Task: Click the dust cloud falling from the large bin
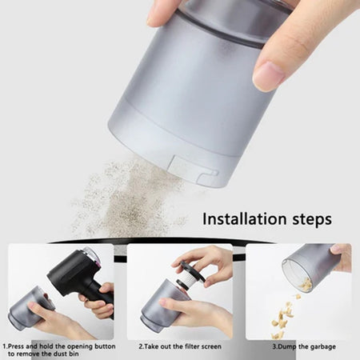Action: point(128,196)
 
